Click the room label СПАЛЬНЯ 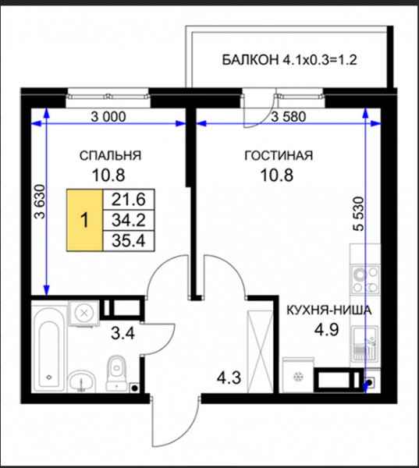click(110, 156)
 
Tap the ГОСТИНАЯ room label click(279, 156)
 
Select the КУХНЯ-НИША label click(329, 310)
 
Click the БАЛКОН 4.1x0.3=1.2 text click(289, 60)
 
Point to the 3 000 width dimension click(108, 117)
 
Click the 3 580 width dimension click(289, 117)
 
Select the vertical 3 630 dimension click(40, 202)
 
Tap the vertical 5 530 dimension click(358, 214)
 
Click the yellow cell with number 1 click(85, 220)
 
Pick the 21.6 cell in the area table click(129, 200)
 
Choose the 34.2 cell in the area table click(129, 220)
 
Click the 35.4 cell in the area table click(129, 240)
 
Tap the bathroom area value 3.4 click(123, 333)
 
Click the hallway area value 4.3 click(229, 378)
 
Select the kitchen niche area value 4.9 click(326, 330)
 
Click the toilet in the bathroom click(117, 373)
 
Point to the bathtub click(48, 349)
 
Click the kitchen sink click(365, 344)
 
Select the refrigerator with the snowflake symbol click(298, 375)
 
